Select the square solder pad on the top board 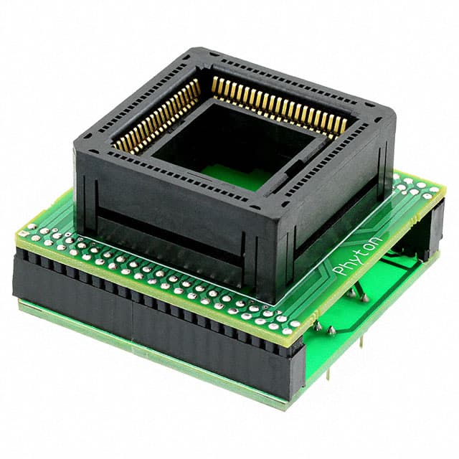point(24,233)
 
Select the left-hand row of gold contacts point(156,116)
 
